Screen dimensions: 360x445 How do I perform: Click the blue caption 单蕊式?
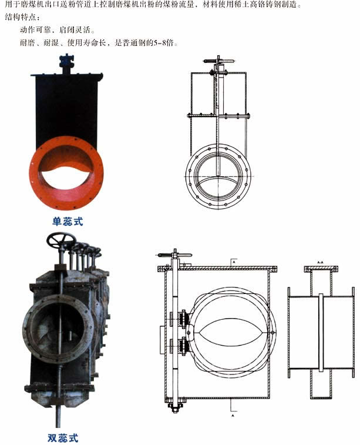(68, 222)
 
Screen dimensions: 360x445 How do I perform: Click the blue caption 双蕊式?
(63, 438)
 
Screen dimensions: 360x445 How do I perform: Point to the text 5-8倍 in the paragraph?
(164, 43)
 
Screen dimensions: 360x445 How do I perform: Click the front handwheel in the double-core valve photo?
(61, 240)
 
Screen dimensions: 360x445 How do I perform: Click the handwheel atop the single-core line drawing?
(218, 61)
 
